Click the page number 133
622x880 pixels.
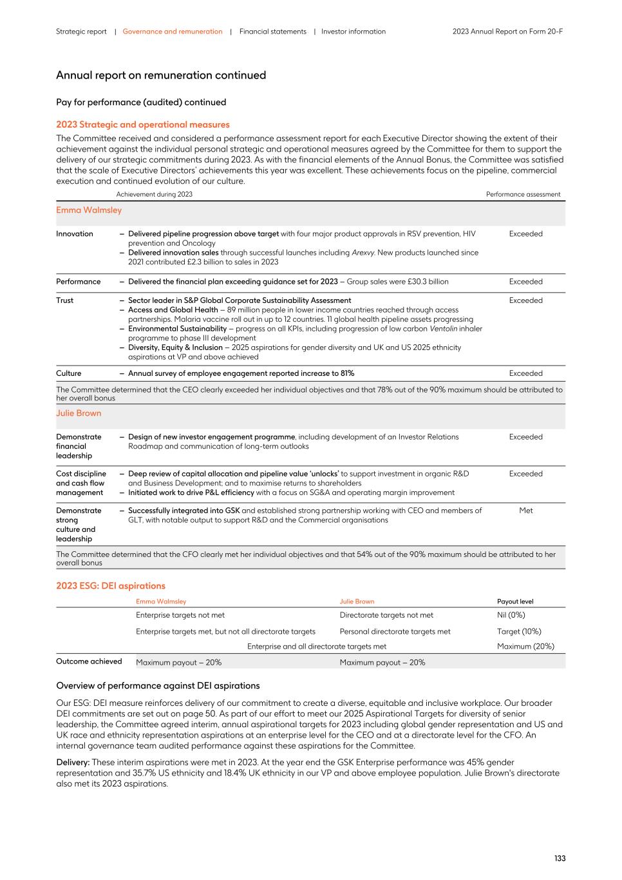[x=560, y=858]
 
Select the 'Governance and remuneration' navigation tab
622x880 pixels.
[x=172, y=32]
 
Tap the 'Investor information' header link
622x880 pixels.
[x=353, y=32]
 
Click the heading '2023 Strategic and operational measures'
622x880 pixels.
[x=142, y=124]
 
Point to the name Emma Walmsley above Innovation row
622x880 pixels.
[x=89, y=210]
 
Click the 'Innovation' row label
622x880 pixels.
[x=75, y=234]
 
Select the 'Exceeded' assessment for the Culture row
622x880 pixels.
[x=525, y=373]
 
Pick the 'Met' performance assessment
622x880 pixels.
[x=525, y=511]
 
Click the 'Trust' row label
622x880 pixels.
[x=65, y=300]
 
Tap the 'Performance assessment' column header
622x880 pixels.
[x=523, y=194]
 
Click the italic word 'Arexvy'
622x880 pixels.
[x=363, y=253]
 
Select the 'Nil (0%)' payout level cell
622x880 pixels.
[x=511, y=615]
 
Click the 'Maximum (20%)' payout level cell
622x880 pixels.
[x=525, y=646]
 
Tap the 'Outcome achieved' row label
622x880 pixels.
[x=89, y=661]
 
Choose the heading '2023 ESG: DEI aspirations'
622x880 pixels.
[x=111, y=585]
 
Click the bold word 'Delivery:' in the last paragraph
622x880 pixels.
[x=73, y=762]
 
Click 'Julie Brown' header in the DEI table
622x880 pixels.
[x=357, y=601]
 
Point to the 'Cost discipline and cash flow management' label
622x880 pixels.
[x=81, y=483]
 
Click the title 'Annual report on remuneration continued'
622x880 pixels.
[x=161, y=75]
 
